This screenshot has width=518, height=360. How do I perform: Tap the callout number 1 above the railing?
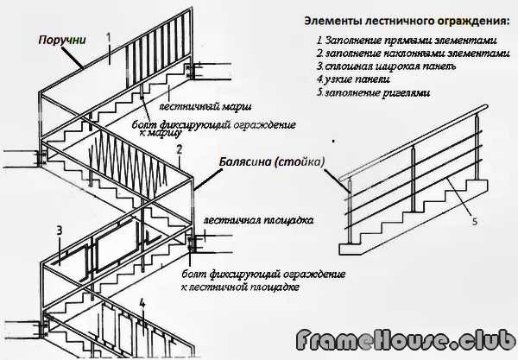pos(109,36)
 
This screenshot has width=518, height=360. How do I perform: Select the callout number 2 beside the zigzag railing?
pos(179,149)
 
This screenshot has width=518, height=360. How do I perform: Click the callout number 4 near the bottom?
pos(143,303)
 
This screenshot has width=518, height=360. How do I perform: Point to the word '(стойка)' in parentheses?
pos(301,161)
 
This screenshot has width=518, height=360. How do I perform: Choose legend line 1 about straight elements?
pos(407,40)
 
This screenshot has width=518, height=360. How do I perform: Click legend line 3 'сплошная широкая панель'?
pos(376,66)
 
